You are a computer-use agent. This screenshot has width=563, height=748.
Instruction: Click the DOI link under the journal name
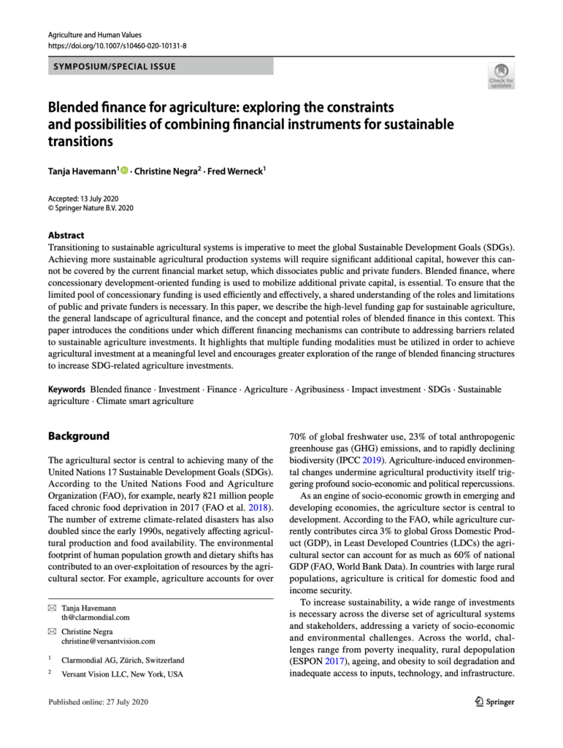click(117, 45)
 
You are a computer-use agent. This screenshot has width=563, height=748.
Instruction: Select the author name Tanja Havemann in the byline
click(81, 172)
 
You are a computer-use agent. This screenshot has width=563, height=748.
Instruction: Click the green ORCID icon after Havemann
click(124, 172)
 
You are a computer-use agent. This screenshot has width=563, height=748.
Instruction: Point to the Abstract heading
click(66, 235)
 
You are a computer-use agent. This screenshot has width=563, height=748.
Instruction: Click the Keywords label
click(66, 389)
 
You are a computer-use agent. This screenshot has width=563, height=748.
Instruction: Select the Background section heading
click(78, 436)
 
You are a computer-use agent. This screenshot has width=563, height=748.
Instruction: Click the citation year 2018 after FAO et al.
click(258, 505)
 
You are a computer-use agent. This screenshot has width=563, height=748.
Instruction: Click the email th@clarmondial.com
click(96, 617)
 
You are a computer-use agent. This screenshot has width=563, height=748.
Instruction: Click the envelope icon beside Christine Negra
click(52, 630)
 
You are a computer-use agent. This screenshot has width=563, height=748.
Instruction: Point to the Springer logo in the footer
click(494, 702)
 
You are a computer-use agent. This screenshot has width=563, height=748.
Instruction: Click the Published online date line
click(98, 702)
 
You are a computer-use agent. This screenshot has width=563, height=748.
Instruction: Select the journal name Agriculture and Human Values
click(94, 34)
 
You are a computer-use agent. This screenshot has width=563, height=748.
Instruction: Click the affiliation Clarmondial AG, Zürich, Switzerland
click(123, 660)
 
